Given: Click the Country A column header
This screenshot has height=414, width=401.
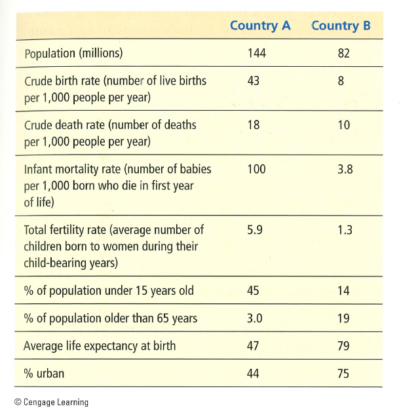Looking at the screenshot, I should tap(260, 26).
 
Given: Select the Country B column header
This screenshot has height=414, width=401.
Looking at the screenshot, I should tap(341, 26).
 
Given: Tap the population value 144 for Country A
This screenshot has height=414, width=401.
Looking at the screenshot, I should tap(257, 53).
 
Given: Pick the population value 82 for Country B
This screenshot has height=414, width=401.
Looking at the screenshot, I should tap(344, 53).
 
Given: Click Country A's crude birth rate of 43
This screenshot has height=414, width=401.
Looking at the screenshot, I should tap(254, 81).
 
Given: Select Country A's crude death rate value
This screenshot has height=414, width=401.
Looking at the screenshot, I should tap(254, 124).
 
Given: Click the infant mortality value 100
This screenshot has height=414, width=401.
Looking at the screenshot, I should tap(257, 169).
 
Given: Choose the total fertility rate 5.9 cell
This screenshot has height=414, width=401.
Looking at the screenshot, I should tap(256, 230).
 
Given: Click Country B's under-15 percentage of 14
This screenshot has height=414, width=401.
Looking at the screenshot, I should tap(344, 290).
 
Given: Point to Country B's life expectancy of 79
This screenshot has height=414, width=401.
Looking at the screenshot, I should tap(344, 346).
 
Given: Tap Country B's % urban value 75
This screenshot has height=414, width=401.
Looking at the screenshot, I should tap(344, 374).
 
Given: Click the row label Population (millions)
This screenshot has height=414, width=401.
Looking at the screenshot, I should tap(73, 53).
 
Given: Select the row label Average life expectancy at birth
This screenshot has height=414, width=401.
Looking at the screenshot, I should tap(100, 346).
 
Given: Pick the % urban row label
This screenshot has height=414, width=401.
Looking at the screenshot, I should tap(44, 374).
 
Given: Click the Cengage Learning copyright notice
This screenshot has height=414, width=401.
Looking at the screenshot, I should tap(51, 402).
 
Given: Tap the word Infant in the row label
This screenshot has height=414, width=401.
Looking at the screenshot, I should tap(39, 169).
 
